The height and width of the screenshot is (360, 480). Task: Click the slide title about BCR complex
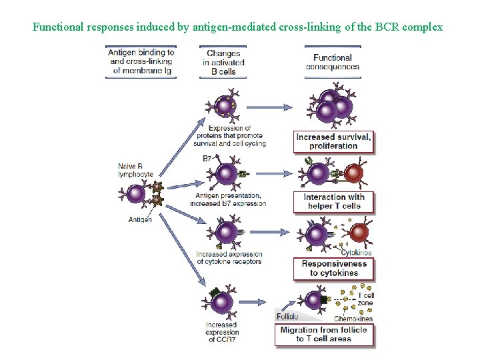tap(237, 27)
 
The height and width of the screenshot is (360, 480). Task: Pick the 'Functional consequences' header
tap(333, 62)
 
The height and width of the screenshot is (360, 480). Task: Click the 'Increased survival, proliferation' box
tap(333, 141)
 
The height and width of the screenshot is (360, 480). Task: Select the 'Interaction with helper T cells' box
tap(333, 201)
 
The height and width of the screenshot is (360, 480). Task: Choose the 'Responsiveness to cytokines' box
tap(333, 268)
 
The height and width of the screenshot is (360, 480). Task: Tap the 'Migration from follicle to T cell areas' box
tap(324, 334)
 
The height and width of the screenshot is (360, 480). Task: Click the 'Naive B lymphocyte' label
tap(135, 170)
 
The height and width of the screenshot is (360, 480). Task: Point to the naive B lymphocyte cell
tap(136, 194)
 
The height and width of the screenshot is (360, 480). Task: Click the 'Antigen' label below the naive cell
tap(140, 219)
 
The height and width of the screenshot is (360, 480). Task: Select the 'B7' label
tap(207, 159)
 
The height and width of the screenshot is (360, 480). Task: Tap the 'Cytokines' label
tap(356, 253)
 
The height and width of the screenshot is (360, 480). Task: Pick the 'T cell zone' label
tap(366, 299)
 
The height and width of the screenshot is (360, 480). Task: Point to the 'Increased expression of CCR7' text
tap(221, 332)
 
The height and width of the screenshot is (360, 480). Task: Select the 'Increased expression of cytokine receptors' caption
tap(229, 258)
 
